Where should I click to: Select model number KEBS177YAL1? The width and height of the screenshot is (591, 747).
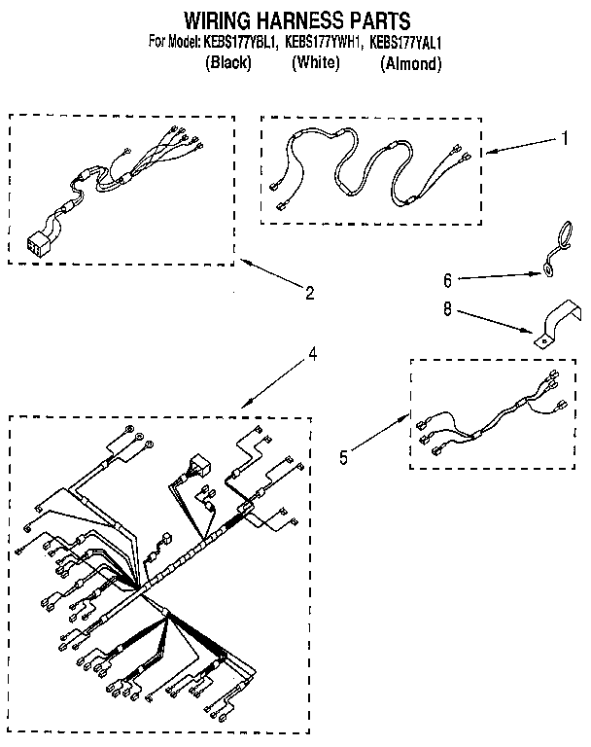coord(405,42)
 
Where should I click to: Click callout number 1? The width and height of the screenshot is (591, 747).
coord(563,138)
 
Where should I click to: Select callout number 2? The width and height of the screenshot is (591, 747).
coord(309,291)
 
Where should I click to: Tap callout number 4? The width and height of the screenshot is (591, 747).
coord(312,354)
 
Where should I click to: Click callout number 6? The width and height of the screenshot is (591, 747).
coord(448,280)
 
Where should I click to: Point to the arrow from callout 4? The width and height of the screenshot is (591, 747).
coord(272,380)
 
